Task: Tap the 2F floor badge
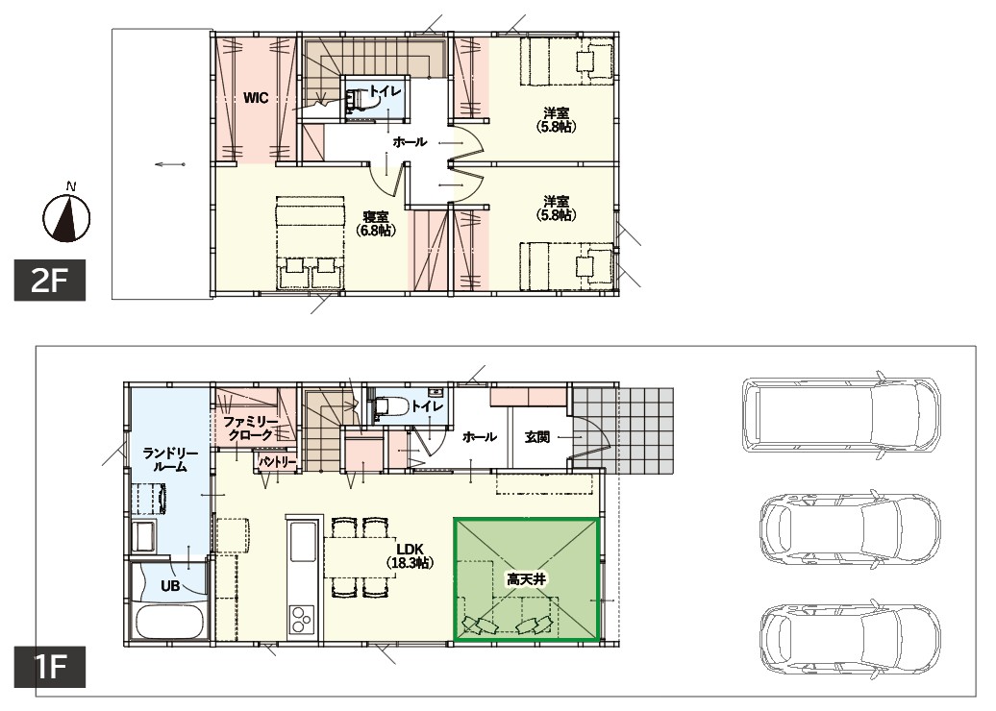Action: (50, 280)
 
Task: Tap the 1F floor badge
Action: (50, 667)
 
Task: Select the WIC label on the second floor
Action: (256, 98)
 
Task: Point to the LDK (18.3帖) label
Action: (410, 554)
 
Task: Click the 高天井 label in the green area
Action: (526, 579)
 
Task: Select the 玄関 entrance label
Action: (537, 437)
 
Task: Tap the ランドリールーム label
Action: (170, 459)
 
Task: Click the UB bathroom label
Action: (169, 586)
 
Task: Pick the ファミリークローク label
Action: (250, 428)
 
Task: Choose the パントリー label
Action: (278, 462)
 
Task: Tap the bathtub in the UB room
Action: (169, 623)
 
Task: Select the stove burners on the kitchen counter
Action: (302, 619)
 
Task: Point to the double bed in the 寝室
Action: (310, 241)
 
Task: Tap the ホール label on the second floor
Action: (410, 141)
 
